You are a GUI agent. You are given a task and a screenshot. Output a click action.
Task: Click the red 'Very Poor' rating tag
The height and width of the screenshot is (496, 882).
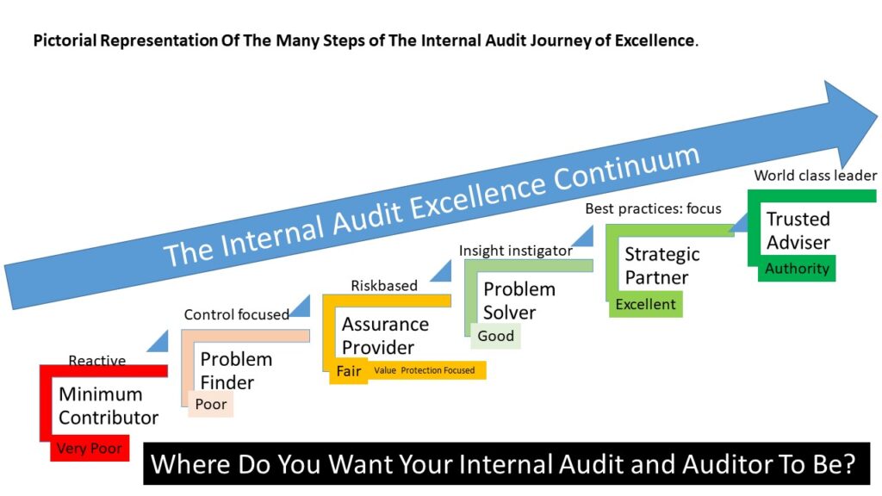coord(90,448)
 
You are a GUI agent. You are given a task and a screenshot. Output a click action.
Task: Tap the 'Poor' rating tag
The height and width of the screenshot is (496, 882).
coord(211,404)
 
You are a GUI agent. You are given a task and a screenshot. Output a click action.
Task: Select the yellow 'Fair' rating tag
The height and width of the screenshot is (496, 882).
coord(349,371)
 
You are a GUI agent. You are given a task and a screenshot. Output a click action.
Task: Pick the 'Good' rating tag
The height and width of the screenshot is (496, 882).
coord(495,336)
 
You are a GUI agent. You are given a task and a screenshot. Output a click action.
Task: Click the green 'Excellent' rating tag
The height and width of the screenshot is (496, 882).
coord(646,304)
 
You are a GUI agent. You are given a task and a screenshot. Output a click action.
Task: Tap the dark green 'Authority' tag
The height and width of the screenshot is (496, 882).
coord(797,269)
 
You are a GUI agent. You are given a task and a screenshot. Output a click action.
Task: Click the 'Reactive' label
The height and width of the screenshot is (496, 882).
coord(96,361)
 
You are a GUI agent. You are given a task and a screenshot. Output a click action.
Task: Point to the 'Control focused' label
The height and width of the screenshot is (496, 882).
coord(236,314)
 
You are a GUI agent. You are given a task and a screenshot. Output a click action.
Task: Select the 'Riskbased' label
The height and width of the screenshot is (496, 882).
coord(384,286)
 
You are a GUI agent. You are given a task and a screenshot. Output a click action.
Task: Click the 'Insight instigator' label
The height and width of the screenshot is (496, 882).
coord(515,251)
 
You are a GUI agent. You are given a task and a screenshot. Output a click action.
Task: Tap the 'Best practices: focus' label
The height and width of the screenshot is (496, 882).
coord(653,208)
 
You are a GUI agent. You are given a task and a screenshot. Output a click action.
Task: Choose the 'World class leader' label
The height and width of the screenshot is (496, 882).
coord(815,176)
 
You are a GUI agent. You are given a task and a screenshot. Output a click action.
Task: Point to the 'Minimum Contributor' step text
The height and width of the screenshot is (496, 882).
coord(108,406)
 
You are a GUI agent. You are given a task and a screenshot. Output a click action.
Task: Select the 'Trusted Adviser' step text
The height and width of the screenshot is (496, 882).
coord(798,230)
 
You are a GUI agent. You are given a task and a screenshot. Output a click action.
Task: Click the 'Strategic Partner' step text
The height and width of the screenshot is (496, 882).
coord(662,265)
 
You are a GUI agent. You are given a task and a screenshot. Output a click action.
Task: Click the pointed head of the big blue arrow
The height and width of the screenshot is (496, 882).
coord(877,118)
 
